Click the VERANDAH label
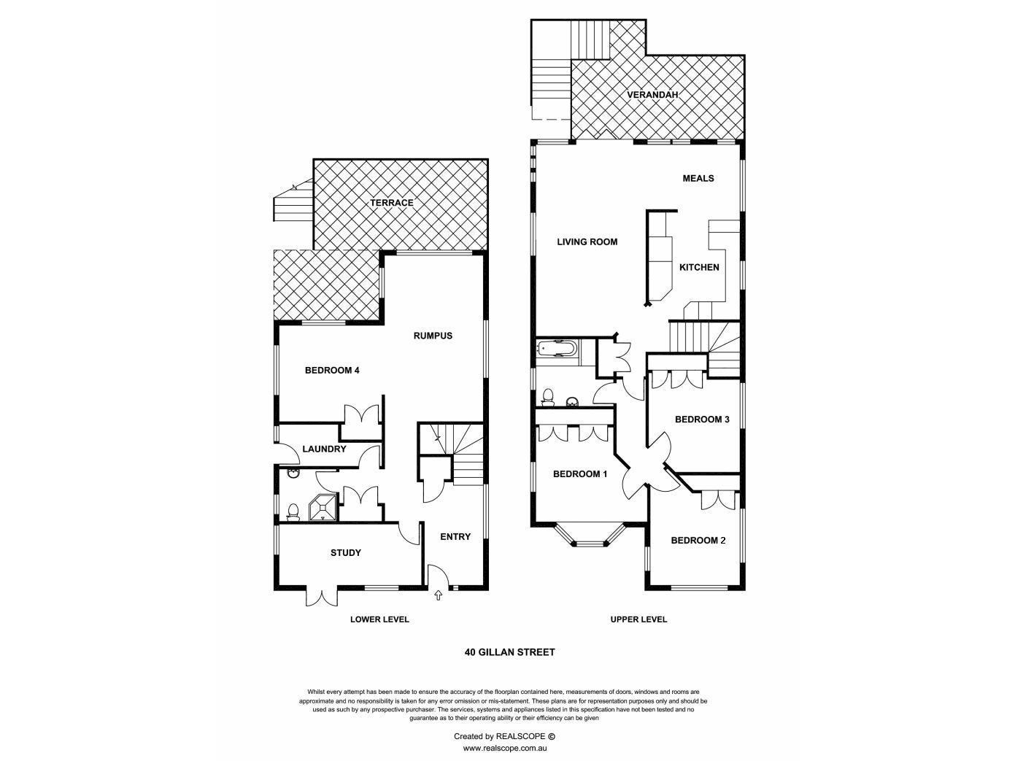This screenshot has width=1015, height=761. click(652, 95)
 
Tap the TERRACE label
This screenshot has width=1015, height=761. click(391, 203)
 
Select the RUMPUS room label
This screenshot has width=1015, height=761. click(433, 336)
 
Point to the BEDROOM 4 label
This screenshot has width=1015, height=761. click(332, 370)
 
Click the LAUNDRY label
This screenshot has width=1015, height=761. click(324, 449)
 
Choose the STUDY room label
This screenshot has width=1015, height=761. click(346, 552)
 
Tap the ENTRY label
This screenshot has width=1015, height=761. click(455, 536)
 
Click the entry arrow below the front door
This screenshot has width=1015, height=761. click(438, 595)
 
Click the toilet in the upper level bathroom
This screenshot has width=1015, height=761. click(548, 398)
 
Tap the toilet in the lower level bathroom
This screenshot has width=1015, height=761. click(293, 513)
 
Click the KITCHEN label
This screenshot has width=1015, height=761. click(699, 267)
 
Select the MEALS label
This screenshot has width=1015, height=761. click(698, 178)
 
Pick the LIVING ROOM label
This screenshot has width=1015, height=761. click(587, 242)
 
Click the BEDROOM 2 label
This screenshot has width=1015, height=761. click(698, 540)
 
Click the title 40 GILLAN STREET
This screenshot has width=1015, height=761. click(509, 652)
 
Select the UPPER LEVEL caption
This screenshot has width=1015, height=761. click(638, 619)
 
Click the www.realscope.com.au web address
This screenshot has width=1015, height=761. click(505, 748)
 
